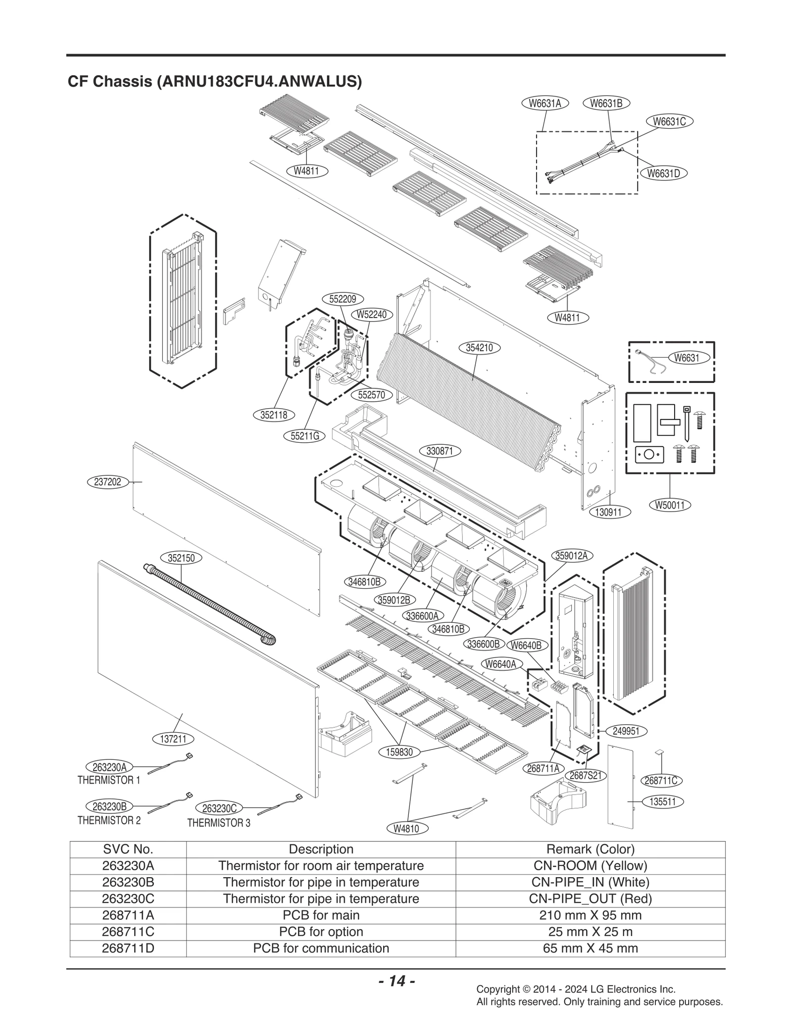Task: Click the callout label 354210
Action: click(x=479, y=348)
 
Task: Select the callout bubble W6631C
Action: click(x=669, y=121)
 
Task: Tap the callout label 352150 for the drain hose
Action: click(x=181, y=558)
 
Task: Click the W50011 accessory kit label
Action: click(x=669, y=505)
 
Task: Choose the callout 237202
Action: click(x=107, y=482)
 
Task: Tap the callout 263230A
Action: click(x=109, y=767)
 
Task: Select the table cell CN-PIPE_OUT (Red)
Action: click(x=590, y=899)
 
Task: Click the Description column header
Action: click(x=321, y=849)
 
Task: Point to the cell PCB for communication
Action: click(x=321, y=948)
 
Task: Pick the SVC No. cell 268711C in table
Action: click(x=128, y=932)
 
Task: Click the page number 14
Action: click(x=396, y=981)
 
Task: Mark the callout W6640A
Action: click(x=501, y=664)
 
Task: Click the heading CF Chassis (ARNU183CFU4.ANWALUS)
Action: click(x=214, y=81)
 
